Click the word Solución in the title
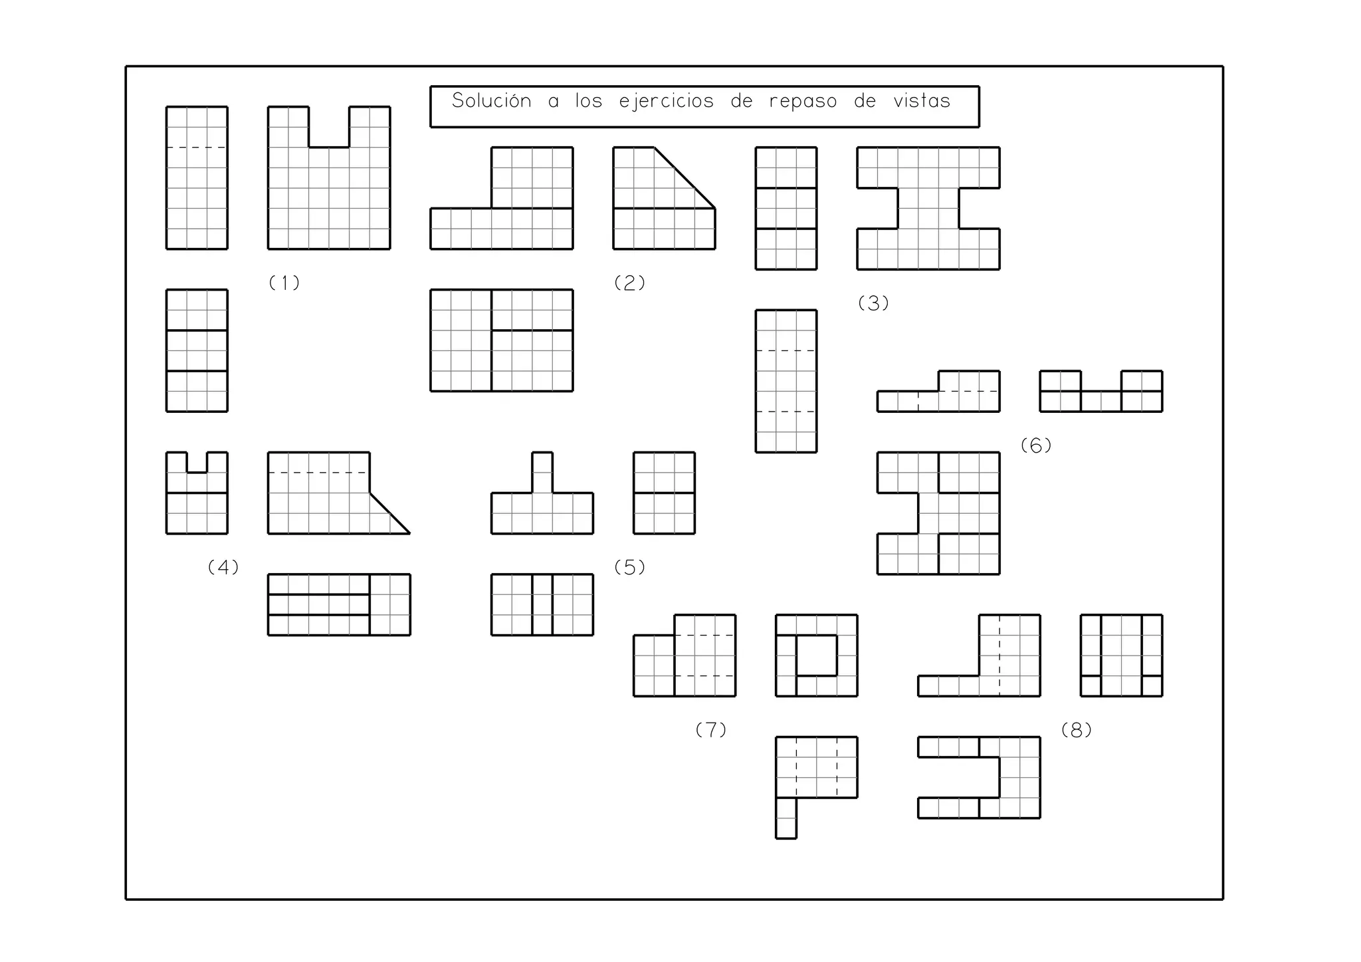pos(491,101)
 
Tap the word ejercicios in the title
pos(666,102)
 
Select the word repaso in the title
pos(803,102)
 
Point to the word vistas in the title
pos(922,101)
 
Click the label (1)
pos(284,283)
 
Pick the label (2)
pos(629,283)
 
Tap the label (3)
pos(873,304)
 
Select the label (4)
pos(223,568)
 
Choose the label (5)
pos(629,568)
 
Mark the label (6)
pos(1036,446)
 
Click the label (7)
pos(710,731)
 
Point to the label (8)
pos(1077,731)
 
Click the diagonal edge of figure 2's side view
pos(684,178)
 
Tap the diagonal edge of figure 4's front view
pos(390,513)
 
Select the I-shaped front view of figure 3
pos(928,208)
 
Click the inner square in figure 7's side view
pos(816,656)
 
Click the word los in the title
pos(589,101)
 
